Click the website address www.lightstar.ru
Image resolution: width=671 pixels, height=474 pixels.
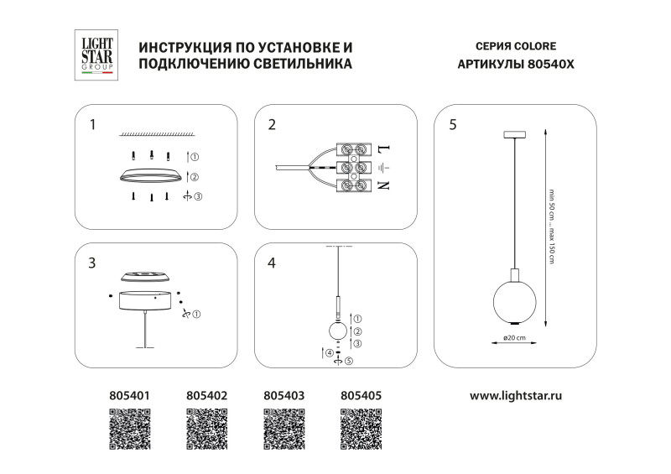point(515,393)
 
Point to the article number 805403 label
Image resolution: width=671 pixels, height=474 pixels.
point(284,393)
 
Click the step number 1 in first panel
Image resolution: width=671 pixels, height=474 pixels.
point(92,125)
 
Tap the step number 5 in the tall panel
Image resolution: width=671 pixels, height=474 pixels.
point(453,125)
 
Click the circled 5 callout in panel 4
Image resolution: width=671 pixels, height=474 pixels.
point(349,362)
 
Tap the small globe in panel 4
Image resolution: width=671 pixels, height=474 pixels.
point(338,331)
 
